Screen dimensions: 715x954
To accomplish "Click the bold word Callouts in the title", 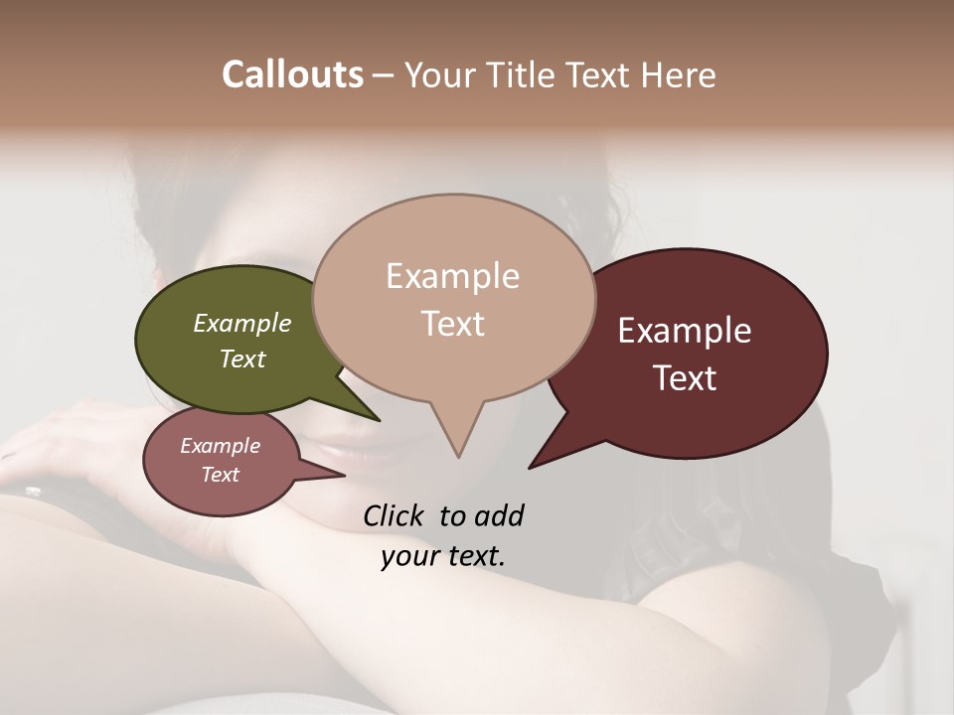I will (292, 74).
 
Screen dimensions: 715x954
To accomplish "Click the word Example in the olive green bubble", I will (242, 323).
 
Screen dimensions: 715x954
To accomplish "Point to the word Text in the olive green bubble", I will (242, 358).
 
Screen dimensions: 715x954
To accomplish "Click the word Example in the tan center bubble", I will (452, 276).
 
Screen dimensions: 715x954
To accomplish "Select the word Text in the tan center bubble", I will (452, 324).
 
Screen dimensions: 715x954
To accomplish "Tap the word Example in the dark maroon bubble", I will (685, 331).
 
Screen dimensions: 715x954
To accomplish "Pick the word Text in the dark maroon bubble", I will (685, 378).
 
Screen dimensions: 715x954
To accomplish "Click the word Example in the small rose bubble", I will (220, 446).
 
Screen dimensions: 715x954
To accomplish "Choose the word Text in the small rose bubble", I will (220, 475).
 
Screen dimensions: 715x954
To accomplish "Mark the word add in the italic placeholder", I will (497, 516).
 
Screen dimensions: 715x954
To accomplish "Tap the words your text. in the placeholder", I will (442, 556).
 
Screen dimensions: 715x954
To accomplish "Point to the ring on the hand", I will (33, 491).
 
